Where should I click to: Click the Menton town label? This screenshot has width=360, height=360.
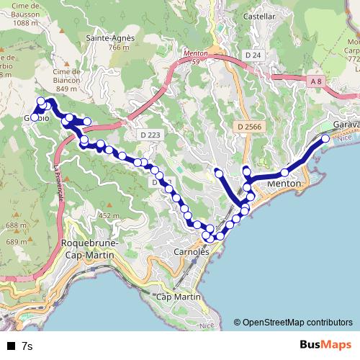coord(283,184)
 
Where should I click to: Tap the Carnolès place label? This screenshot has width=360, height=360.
coord(191,252)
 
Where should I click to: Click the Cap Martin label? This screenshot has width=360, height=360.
coord(178,297)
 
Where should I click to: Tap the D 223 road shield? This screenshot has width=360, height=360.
coord(150,134)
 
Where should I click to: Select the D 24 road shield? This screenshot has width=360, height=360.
coord(252,55)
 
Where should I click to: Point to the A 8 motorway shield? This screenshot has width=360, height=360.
coord(315,82)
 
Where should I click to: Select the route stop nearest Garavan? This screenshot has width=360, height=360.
coord(325,138)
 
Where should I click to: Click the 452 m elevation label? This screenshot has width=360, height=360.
coord(109,215)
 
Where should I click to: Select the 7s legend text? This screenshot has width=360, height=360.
coord(27,346)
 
